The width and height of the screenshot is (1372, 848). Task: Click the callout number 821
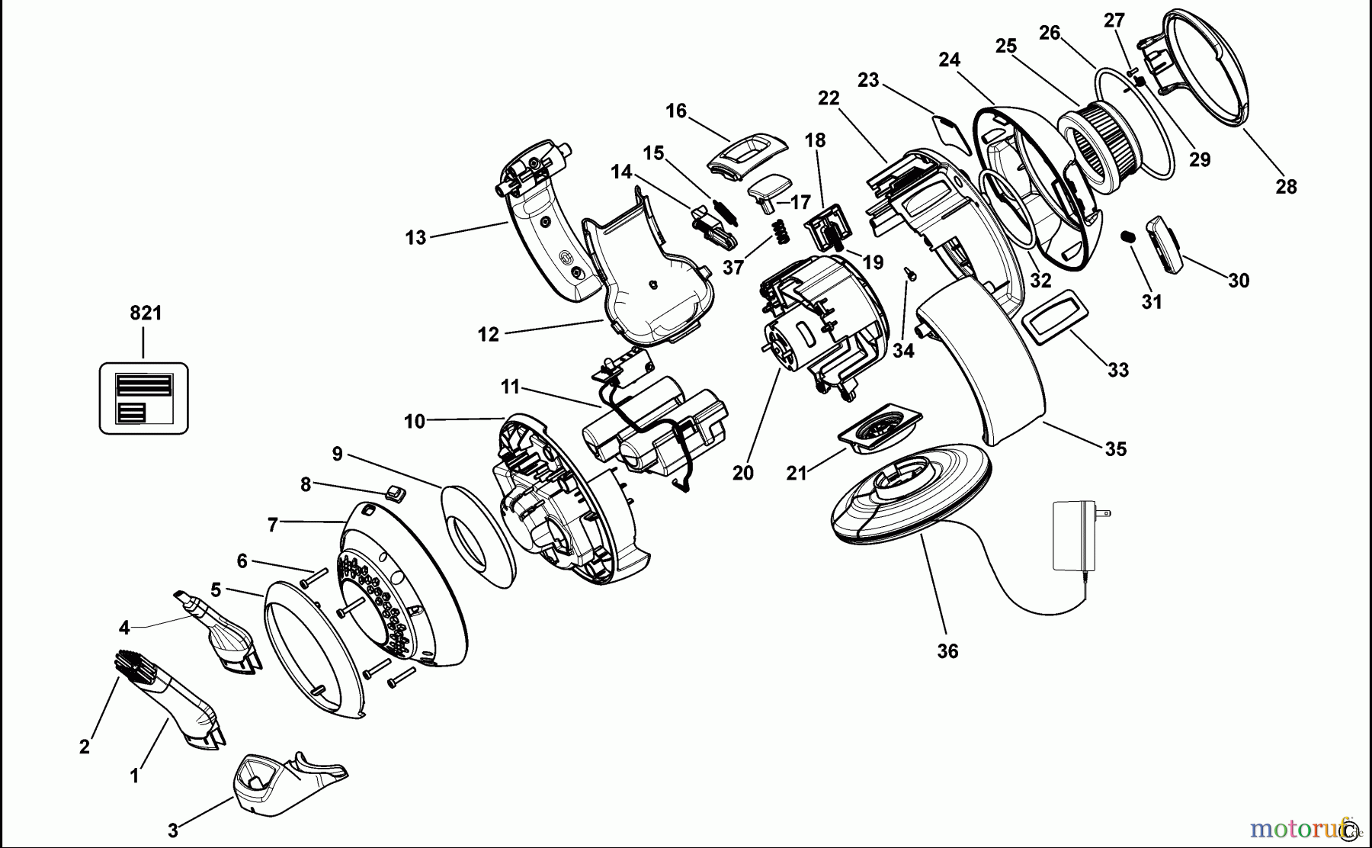click(x=146, y=313)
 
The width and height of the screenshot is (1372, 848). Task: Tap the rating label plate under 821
click(x=143, y=398)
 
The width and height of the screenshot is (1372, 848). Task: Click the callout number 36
click(x=947, y=651)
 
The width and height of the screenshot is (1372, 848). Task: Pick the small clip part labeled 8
click(x=394, y=493)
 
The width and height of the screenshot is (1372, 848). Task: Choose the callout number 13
click(x=415, y=238)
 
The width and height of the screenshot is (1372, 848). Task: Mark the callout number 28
click(x=1286, y=187)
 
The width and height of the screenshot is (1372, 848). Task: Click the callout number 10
click(x=415, y=421)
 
